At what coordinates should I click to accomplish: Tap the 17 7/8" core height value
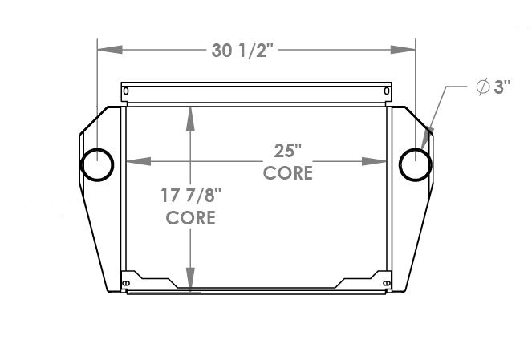click(190, 196)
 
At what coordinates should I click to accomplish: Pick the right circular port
click(415, 164)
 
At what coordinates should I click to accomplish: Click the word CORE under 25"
click(287, 172)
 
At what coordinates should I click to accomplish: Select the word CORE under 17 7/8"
click(190, 217)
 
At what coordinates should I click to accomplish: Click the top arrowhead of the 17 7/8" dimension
click(190, 116)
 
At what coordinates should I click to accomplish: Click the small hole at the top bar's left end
click(126, 94)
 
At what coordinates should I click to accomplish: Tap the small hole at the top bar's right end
click(387, 94)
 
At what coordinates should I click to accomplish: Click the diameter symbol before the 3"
click(483, 88)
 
